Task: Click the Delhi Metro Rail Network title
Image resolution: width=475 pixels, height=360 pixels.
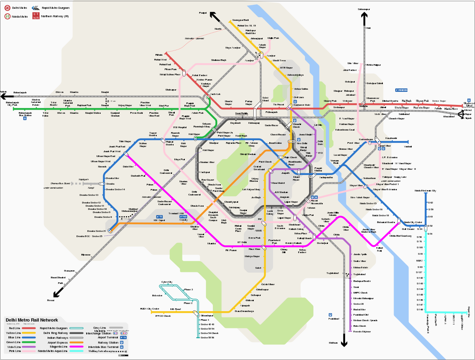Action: click(x=32, y=320)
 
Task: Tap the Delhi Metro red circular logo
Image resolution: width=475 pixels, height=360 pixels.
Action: click(x=7, y=8)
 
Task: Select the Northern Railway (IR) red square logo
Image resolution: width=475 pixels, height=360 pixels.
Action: click(x=36, y=16)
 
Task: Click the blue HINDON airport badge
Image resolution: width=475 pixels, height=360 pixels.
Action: click(x=401, y=90)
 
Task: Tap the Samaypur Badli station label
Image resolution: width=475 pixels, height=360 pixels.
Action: click(x=241, y=20)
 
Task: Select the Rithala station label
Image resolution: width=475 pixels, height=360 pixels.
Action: click(x=159, y=55)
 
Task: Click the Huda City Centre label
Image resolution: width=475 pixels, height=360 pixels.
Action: click(x=149, y=309)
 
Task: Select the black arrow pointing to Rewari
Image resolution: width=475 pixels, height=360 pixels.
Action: click(x=57, y=294)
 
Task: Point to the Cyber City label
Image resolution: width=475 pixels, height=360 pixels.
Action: click(x=167, y=282)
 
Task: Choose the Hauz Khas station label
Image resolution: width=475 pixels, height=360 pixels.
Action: click(x=254, y=249)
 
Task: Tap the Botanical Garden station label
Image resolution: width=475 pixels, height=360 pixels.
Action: click(x=386, y=222)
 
